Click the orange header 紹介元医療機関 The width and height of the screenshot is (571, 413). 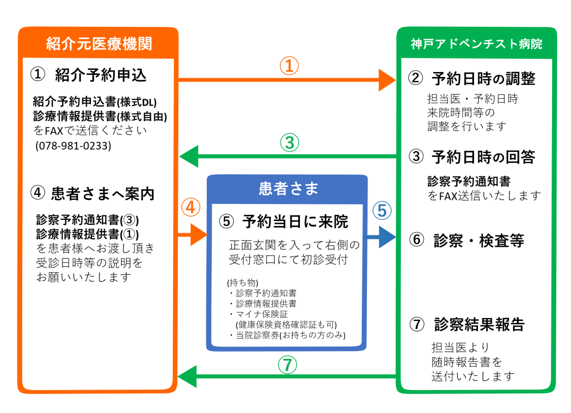pos(99,44)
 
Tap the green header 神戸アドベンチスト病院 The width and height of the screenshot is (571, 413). pos(476,44)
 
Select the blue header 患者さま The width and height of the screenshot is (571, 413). pos(288,189)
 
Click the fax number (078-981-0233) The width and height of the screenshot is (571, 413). pos(73,146)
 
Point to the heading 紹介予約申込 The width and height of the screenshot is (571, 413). pos(101,75)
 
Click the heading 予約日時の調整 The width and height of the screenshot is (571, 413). pos(483,78)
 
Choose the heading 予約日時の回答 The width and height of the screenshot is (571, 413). pos(483,157)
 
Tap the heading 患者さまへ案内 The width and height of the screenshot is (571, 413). pos(103,194)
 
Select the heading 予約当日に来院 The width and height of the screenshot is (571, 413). pos(296,222)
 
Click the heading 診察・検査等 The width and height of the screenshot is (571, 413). pos(479,241)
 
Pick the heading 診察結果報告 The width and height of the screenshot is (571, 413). pos(479,324)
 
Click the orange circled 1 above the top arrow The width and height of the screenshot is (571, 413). pos(289,66)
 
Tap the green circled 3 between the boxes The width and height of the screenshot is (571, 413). pos(289,142)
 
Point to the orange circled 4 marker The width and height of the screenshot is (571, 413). pos(191,208)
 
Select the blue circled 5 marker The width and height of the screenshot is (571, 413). pos(382,211)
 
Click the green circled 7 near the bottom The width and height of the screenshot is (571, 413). pos(288,365)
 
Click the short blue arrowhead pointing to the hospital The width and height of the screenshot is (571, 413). pos(387,237)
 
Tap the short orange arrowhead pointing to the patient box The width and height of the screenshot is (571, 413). pos(199,235)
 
